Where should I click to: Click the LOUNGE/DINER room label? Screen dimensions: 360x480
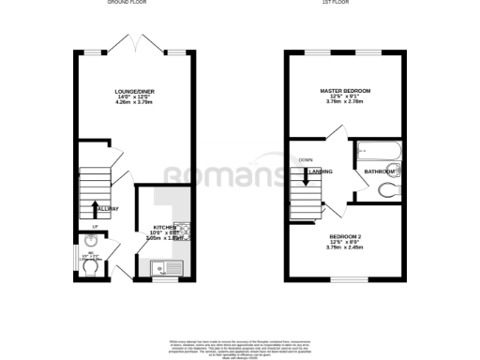[133, 91]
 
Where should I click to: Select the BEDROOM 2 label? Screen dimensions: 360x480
[346, 236]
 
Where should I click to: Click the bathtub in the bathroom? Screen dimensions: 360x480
[379, 151]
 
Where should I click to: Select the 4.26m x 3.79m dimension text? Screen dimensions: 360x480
[133, 102]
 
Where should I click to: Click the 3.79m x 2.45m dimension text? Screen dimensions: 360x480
[346, 247]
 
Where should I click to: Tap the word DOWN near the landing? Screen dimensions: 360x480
[306, 159]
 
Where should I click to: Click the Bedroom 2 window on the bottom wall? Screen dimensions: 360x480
[347, 278]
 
